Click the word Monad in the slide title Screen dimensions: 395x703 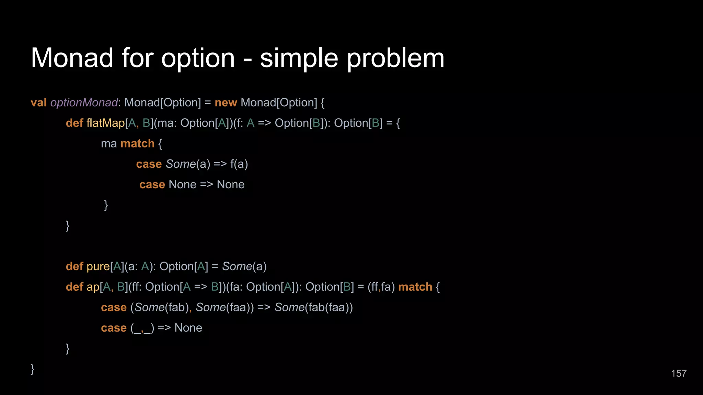click(72, 58)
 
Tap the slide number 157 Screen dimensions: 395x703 click(679, 373)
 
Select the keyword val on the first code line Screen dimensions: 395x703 click(38, 103)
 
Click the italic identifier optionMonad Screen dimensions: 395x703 click(84, 103)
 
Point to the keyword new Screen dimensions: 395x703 click(226, 103)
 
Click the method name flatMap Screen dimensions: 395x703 click(105, 123)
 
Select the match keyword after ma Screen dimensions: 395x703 click(137, 143)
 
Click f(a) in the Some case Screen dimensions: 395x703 click(239, 164)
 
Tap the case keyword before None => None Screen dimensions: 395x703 click(152, 184)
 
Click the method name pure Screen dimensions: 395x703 click(98, 266)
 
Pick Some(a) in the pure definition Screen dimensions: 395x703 click(244, 266)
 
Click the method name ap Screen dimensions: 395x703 click(93, 287)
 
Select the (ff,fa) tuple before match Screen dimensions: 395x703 click(381, 287)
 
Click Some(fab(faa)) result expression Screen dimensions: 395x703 click(313, 308)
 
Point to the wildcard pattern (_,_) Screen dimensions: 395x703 click(142, 328)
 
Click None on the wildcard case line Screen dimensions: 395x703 click(188, 328)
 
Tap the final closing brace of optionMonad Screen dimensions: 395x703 click(33, 369)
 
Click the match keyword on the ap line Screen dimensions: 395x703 click(415, 287)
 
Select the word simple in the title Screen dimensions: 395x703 click(299, 58)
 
